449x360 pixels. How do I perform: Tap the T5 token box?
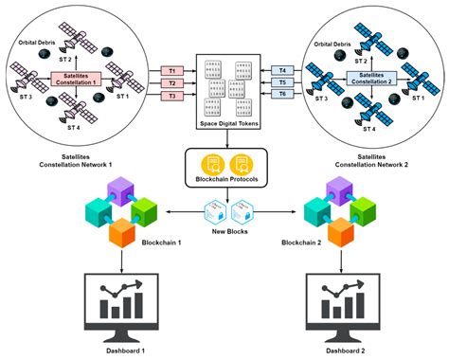coord(282,82)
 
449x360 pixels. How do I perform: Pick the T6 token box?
coord(282,96)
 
